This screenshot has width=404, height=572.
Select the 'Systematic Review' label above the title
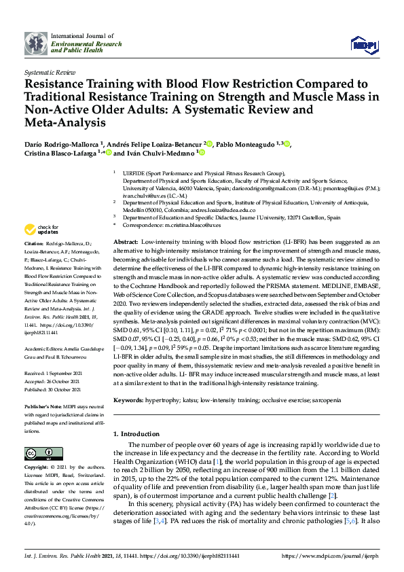pyautogui.click(x=49, y=71)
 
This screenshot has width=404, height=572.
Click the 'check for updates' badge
pyautogui.click(x=40, y=230)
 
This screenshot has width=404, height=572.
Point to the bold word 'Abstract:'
pyautogui.click(x=126, y=243)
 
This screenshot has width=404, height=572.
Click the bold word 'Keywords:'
pyautogui.click(x=129, y=402)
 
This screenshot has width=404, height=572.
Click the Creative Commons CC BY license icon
pyautogui.click(x=35, y=453)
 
